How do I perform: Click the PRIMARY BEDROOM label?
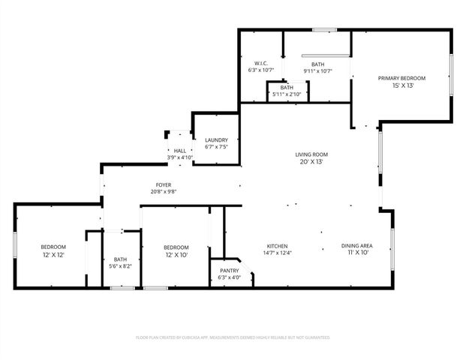coord(401,78)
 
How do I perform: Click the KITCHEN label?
coord(278,246)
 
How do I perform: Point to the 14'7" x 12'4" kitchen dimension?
coord(278,253)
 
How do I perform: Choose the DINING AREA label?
coord(357,246)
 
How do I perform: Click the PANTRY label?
coord(230,271)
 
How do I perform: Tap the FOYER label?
coord(164,184)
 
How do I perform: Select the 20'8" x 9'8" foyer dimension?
coord(164,191)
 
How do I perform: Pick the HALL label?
coord(179,151)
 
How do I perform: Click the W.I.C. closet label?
coord(261,63)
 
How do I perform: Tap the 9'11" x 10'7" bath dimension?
coord(317,71)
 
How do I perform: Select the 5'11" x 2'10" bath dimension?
coord(287,94)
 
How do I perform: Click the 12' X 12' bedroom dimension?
coord(53,255)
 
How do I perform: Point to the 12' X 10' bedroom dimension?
coord(176,255)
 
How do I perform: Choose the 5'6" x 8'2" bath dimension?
coord(121,266)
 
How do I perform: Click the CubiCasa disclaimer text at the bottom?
coord(233,337)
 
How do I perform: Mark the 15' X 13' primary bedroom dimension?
coord(401,85)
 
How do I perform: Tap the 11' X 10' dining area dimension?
coord(357,253)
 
